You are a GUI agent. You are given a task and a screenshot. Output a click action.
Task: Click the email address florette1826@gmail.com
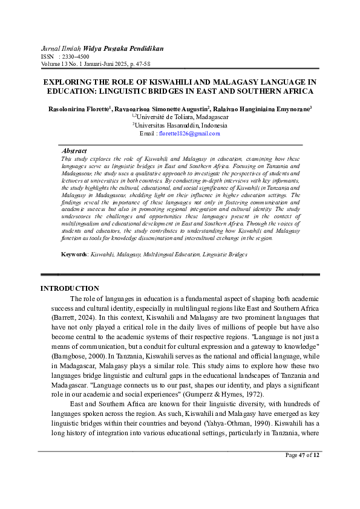(x=189, y=133)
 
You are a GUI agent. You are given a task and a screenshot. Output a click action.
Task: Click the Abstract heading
(x=74, y=151)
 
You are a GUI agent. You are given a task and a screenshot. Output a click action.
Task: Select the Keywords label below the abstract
(x=74, y=254)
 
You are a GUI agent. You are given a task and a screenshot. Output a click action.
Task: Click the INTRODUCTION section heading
(x=70, y=288)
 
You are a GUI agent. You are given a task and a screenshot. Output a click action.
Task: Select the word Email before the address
(x=147, y=133)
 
